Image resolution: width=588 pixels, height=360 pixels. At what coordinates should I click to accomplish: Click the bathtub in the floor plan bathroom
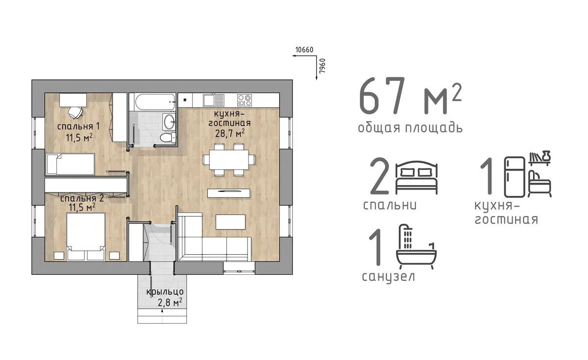155,102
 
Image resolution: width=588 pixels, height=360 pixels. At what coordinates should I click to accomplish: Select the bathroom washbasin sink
169,122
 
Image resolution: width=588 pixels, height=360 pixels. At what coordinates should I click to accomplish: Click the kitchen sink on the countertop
214,100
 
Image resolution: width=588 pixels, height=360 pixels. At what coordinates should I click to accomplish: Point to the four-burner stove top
245,100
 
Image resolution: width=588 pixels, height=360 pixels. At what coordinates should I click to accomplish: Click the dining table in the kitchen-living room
229,160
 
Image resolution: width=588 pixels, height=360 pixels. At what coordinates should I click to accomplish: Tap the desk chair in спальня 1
75,112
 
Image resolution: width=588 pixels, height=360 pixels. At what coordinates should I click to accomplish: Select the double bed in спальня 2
86,237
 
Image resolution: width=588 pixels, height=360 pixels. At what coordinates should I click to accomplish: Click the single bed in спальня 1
71,164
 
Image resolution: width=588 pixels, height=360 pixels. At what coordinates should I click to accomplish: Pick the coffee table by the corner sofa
230,222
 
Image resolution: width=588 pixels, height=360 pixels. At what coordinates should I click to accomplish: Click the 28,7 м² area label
230,133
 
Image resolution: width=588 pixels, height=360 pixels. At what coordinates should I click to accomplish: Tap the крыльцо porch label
165,292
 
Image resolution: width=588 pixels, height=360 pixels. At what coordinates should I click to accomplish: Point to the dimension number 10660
304,50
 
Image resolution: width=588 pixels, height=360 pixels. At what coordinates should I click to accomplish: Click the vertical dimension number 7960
322,66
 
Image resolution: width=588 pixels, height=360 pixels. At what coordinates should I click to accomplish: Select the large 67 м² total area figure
410,96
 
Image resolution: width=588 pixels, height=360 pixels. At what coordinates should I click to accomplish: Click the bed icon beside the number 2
416,177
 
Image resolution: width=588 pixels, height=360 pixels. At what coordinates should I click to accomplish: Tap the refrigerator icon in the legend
515,177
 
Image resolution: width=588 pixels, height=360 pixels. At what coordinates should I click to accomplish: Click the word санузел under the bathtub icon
388,277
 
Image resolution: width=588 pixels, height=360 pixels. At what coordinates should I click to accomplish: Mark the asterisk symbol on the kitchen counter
185,100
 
